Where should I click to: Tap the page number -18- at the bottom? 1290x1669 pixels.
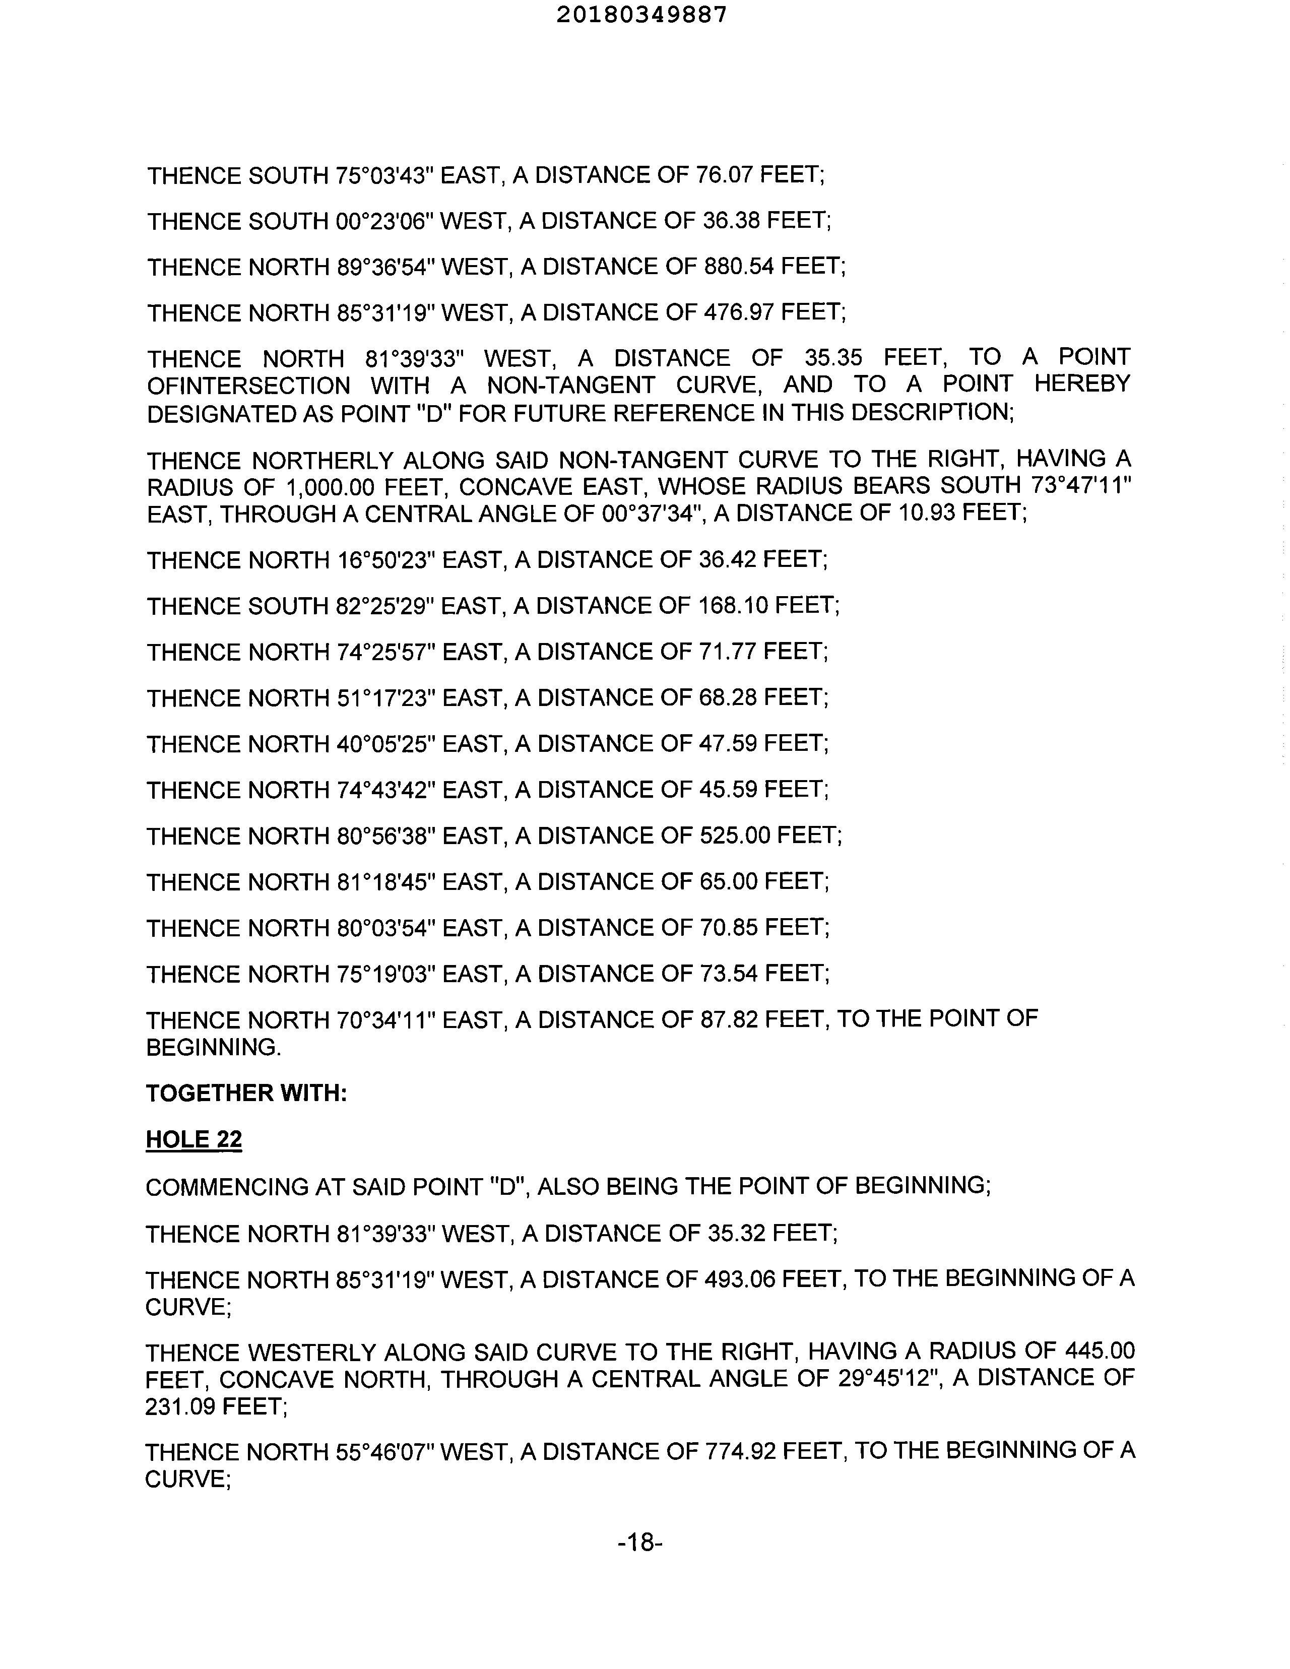click(x=639, y=1543)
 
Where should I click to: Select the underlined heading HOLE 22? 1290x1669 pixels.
click(x=194, y=1139)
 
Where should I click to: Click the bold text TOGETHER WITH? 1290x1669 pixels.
click(x=246, y=1093)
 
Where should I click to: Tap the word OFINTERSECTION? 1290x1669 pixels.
click(x=248, y=385)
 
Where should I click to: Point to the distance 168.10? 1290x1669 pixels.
click(x=734, y=606)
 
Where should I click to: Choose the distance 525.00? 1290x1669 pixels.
click(x=735, y=836)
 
